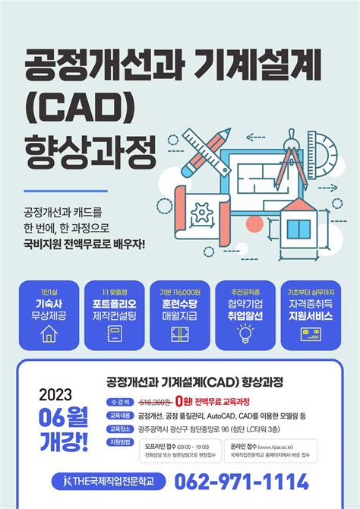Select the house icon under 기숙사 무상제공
(x=49, y=332)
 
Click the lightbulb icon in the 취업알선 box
(x=246, y=332)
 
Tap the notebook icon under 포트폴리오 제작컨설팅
(x=115, y=332)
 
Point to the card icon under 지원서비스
(x=311, y=332)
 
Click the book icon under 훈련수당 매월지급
(x=180, y=332)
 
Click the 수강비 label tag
(x=119, y=400)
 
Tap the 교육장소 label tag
(x=119, y=429)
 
